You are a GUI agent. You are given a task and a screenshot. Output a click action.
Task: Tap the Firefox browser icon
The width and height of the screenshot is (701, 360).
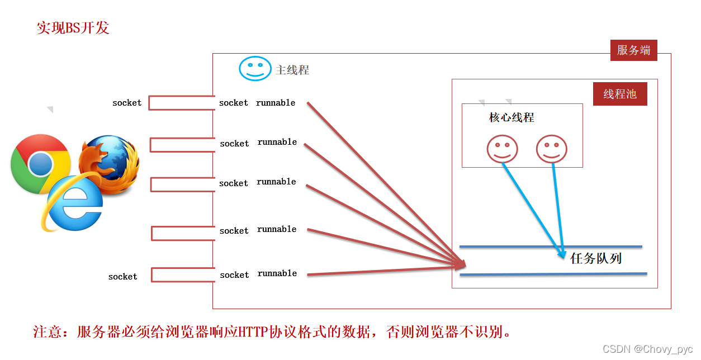click(x=108, y=163)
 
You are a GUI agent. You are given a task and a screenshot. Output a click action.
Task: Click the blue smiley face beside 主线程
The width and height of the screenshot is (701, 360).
click(x=255, y=69)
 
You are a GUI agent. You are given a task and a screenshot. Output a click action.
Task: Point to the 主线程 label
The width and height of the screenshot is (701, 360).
click(x=292, y=70)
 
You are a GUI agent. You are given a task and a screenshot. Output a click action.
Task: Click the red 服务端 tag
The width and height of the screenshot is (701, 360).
click(x=633, y=50)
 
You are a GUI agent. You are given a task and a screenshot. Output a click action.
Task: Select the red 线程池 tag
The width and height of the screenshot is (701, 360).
click(x=620, y=94)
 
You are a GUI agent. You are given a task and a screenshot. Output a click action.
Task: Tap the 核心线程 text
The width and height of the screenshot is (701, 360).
click(x=511, y=117)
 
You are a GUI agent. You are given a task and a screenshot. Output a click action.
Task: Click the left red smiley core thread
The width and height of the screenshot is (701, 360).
click(x=502, y=149)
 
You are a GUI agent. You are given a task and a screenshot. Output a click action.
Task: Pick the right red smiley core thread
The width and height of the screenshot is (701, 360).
click(x=551, y=149)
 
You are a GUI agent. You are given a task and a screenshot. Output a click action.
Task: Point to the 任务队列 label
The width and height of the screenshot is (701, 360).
click(x=596, y=258)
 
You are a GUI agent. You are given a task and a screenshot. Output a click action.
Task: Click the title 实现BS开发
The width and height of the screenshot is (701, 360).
click(x=73, y=28)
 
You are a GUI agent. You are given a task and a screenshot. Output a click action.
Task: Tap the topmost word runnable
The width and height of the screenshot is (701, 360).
click(x=276, y=103)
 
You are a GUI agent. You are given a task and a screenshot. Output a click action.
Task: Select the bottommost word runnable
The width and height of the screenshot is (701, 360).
click(x=277, y=273)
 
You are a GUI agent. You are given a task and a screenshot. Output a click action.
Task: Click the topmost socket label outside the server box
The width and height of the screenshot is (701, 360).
click(x=127, y=103)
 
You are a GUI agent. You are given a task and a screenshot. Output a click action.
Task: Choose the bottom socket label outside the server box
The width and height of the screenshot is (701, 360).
click(x=122, y=277)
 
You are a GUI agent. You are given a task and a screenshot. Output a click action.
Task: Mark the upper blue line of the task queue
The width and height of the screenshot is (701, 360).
click(x=551, y=246)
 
